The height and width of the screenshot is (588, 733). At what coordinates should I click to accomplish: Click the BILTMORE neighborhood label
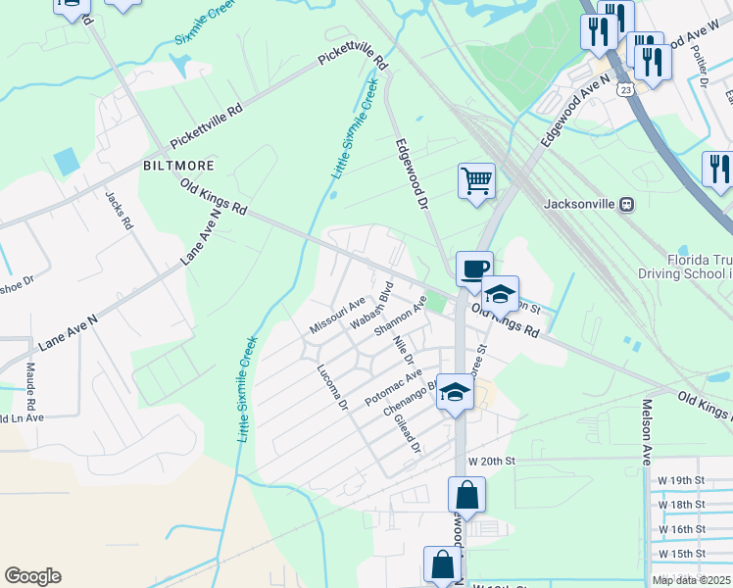(178, 165)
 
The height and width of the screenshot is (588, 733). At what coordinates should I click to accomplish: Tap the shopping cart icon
(476, 181)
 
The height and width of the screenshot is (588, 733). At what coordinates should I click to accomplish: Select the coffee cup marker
(474, 268)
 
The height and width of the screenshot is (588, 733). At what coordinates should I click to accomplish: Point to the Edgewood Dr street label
(413, 174)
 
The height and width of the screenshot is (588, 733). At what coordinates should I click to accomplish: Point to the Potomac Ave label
(393, 388)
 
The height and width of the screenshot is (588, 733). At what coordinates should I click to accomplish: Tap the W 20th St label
(491, 461)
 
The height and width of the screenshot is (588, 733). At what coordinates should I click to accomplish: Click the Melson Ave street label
(647, 431)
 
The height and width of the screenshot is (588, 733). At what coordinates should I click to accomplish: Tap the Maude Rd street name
(30, 385)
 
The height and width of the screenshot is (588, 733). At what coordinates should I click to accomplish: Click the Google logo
(32, 576)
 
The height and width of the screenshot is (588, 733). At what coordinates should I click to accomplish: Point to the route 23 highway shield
(625, 89)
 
